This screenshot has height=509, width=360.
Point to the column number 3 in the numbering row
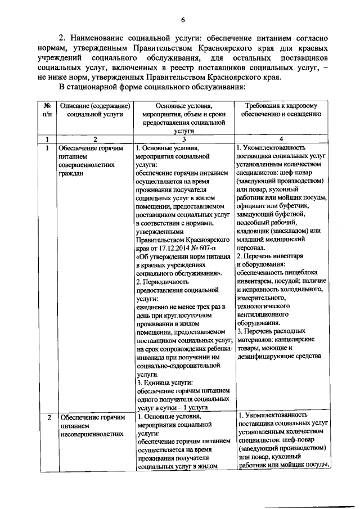tap(184, 139)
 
